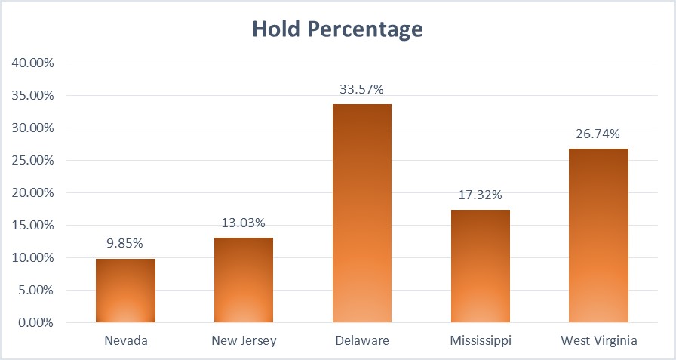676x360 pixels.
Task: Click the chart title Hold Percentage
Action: [x=337, y=29]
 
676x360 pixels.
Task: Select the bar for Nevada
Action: [x=125, y=291]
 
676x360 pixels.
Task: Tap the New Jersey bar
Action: [x=244, y=280]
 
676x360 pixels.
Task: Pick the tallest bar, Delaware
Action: [x=362, y=213]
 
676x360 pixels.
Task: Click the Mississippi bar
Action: [x=481, y=266]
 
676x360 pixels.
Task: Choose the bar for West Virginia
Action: [x=599, y=235]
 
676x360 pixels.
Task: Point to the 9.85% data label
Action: [x=125, y=244]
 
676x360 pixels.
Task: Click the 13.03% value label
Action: [x=244, y=223]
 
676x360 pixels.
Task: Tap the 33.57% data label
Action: [x=362, y=89]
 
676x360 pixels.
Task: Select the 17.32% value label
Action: [x=481, y=195]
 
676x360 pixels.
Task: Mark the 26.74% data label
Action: [x=599, y=134]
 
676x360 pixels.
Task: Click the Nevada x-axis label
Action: [x=125, y=340]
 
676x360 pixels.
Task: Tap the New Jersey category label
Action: [x=244, y=340]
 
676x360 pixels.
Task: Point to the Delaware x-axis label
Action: [x=362, y=340]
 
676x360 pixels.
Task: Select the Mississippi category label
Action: [x=481, y=340]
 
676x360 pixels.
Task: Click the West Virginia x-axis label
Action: [x=599, y=340]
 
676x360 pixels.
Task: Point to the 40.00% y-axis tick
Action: [x=32, y=63]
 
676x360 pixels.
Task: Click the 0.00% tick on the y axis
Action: [x=35, y=323]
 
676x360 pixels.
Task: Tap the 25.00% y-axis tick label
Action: [x=32, y=161]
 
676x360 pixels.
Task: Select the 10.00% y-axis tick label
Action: [x=32, y=258]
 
